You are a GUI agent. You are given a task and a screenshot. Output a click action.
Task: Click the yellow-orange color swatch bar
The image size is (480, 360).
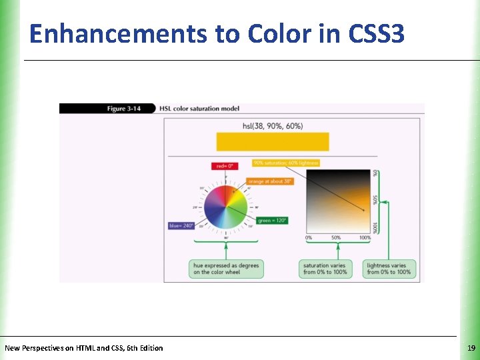(273, 141)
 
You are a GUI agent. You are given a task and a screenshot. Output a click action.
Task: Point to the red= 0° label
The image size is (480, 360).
(223, 166)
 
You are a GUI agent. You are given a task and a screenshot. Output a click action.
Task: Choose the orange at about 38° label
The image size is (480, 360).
(270, 181)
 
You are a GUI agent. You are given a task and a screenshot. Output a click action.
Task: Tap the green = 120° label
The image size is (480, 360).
(272, 220)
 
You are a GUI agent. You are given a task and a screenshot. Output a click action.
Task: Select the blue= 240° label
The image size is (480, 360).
(181, 225)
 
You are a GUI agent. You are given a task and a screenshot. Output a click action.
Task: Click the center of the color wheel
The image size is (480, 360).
(226, 207)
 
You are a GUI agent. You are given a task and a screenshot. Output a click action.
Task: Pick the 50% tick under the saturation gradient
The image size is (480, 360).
(336, 237)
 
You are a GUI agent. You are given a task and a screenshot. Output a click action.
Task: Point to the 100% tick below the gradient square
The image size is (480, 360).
(365, 237)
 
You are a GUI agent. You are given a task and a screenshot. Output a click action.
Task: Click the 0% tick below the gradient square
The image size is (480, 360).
(309, 237)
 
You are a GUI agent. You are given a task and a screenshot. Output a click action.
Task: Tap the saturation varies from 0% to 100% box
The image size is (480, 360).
(325, 269)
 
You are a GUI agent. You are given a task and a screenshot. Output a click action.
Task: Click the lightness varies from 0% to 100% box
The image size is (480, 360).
(389, 269)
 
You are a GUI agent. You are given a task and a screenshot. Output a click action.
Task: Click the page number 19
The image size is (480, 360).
(471, 348)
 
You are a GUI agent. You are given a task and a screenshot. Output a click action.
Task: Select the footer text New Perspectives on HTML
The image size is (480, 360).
(83, 348)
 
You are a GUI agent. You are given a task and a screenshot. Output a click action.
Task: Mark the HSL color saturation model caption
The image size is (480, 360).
(200, 109)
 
